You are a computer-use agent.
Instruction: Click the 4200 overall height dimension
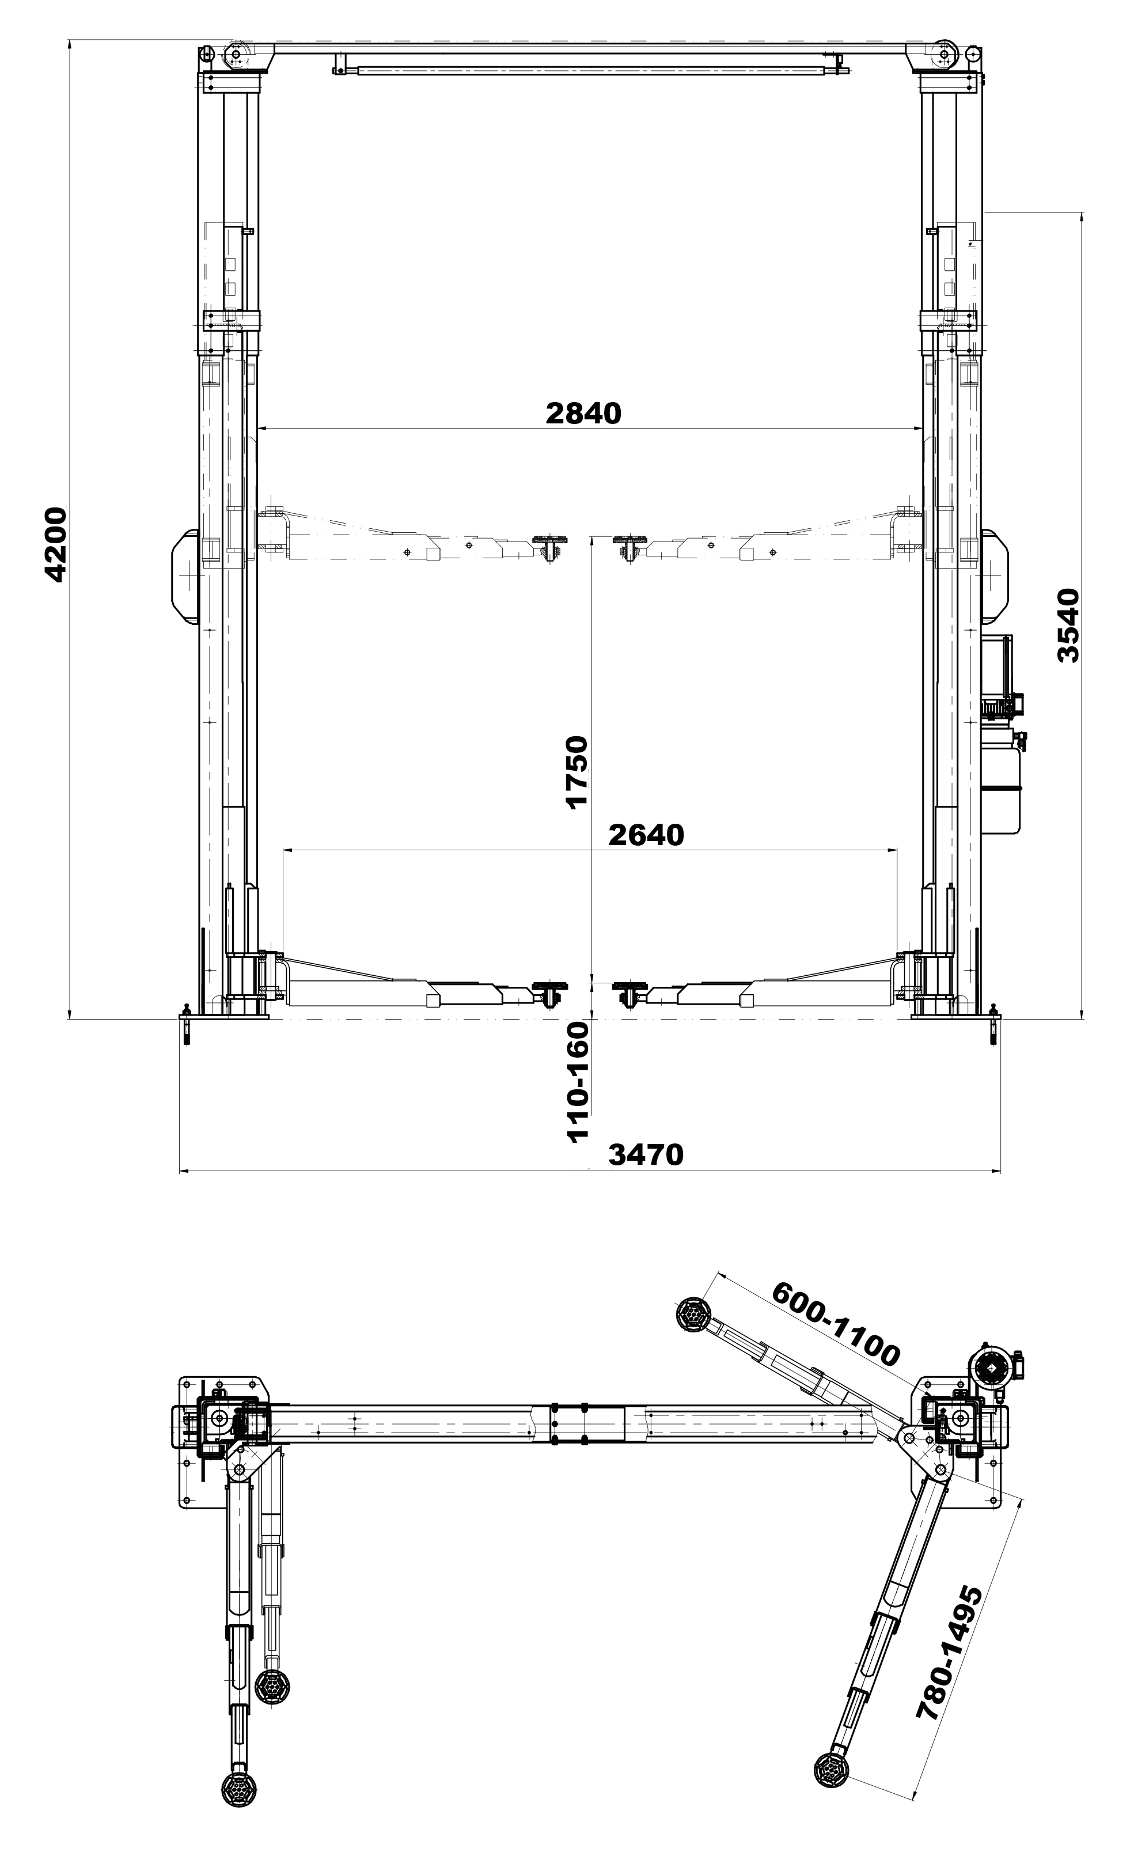point(56,545)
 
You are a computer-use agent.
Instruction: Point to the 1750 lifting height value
point(577,771)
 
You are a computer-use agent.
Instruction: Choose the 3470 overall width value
point(646,1154)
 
